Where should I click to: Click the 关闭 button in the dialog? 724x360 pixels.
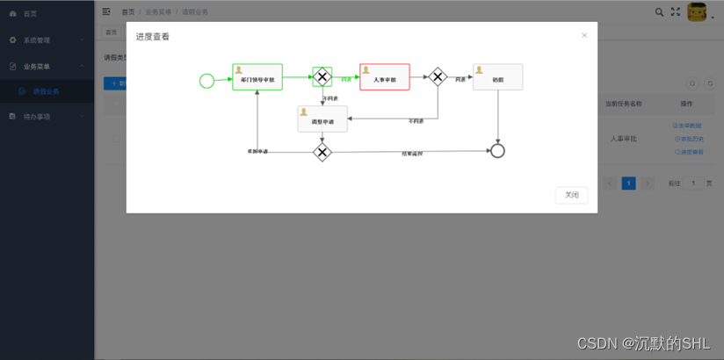pos(571,195)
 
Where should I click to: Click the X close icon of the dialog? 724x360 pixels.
pos(584,36)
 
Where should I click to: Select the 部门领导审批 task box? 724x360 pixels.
pos(257,77)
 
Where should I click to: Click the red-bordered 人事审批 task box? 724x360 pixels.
pos(385,77)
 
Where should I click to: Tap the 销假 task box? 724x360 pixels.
pos(497,77)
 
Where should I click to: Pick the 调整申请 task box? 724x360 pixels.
pos(322,119)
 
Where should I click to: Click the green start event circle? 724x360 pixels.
pos(206,81)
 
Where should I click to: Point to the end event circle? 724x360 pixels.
pos(497,151)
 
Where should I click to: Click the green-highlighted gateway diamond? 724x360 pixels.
pos(322,77)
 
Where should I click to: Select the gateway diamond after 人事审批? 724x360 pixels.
pos(438,77)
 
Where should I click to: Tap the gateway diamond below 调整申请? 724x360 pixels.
pos(322,152)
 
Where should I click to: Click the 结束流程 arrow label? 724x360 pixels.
pos(412,155)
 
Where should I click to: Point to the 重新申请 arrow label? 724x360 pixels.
pos(257,152)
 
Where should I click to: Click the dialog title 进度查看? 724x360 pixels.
pos(153,37)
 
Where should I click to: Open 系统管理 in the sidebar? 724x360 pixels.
pos(37,40)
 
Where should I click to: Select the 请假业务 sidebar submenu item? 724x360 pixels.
pos(47,91)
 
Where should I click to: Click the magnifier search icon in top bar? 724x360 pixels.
pos(660,12)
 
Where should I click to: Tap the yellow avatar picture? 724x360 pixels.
pos(697,12)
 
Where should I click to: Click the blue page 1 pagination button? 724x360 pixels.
pos(629,184)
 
